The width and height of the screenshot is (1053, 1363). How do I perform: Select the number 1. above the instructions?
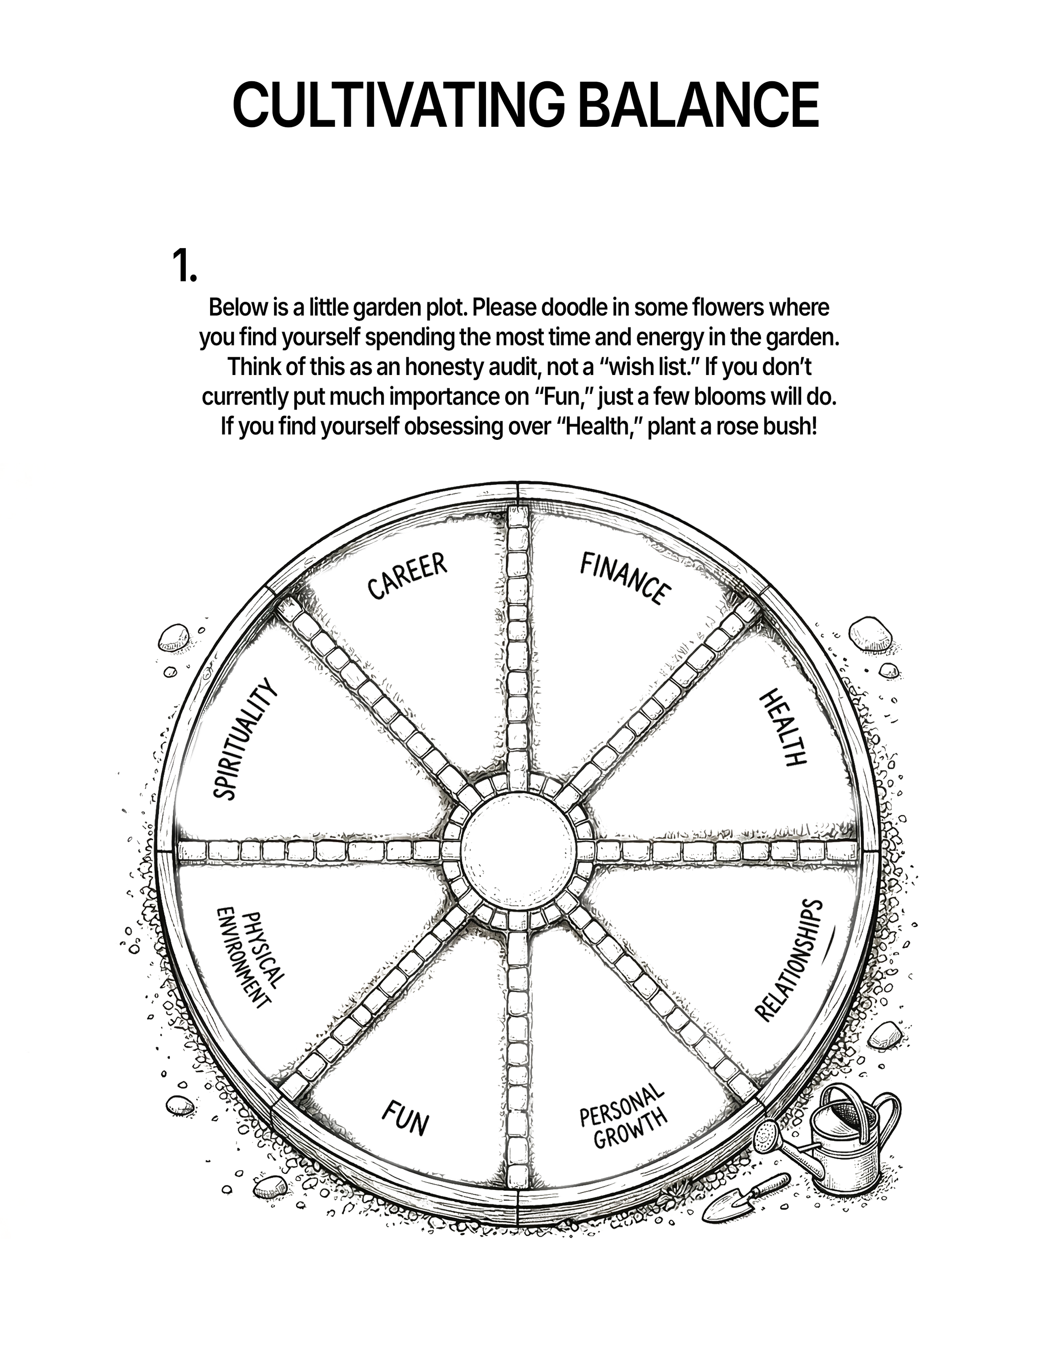184,266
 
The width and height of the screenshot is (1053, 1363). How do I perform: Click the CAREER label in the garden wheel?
407,576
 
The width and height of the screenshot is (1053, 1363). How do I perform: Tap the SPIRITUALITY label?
244,739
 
